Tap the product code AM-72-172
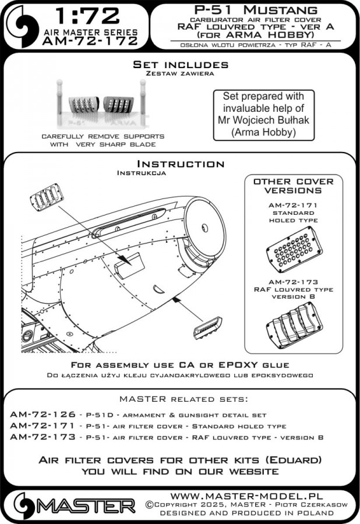pos(91,41)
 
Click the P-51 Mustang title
pos(253,10)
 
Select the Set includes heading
pos(180,65)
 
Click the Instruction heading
pos(180,164)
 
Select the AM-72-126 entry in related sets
pos(43,415)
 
